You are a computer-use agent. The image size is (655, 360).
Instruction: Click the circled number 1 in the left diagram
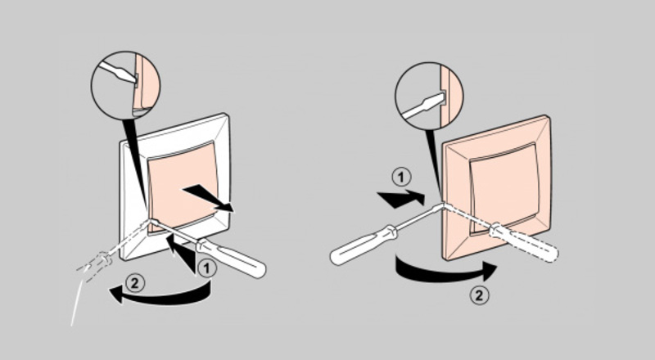point(207,268)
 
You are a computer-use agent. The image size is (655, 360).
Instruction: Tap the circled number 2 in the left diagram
point(134,283)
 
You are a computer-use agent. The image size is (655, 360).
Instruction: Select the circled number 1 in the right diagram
point(401,178)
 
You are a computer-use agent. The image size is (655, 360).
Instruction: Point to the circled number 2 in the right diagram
point(479,295)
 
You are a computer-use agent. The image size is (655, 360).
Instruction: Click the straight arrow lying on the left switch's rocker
point(208,198)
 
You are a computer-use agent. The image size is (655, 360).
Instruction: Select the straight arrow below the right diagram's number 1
point(400,198)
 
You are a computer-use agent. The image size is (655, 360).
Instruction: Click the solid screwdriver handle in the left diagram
point(231,256)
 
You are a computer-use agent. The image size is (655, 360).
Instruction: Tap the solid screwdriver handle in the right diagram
point(362,245)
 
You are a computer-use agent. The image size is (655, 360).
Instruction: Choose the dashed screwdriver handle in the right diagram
point(524,242)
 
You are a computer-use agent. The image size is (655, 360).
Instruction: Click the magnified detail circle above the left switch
point(125,86)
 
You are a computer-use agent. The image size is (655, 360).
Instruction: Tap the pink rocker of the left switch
point(182,187)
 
